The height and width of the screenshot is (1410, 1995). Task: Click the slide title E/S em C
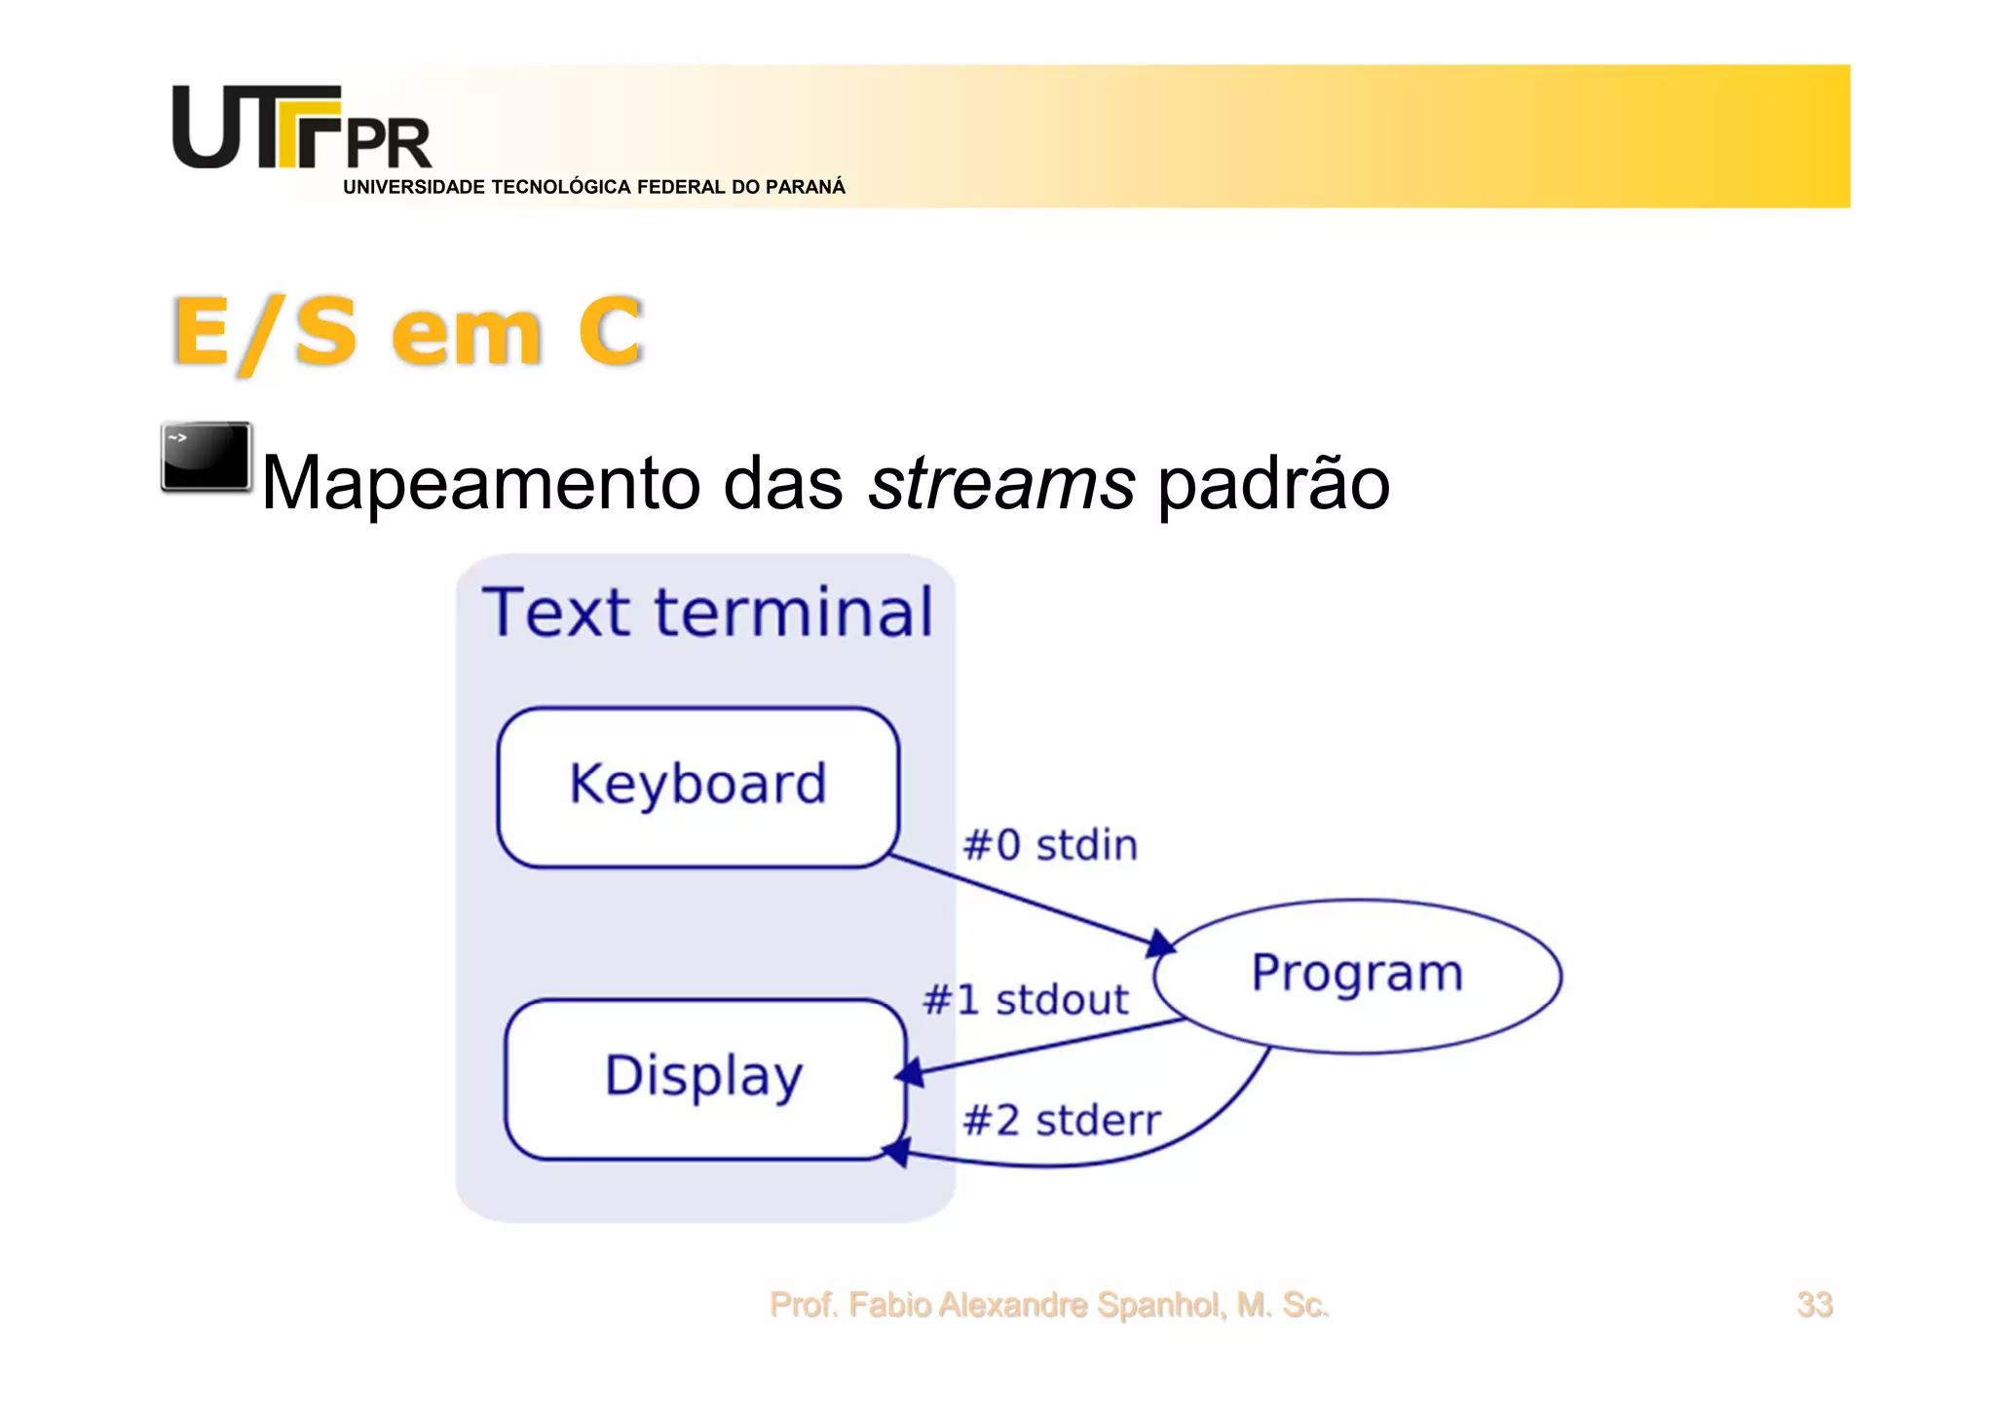pyautogui.click(x=407, y=332)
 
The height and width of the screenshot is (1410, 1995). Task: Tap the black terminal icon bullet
pyautogui.click(x=207, y=457)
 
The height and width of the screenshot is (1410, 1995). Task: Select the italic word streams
pyautogui.click(x=1001, y=483)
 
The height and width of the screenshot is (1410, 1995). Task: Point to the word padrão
pyautogui.click(x=1273, y=483)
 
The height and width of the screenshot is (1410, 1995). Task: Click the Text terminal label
pyautogui.click(x=708, y=612)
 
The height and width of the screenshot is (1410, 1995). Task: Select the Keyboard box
pyautogui.click(x=697, y=787)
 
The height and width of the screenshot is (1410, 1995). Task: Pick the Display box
pyautogui.click(x=705, y=1078)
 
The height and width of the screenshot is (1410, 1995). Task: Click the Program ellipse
pyautogui.click(x=1357, y=975)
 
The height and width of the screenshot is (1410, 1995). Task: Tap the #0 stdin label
pyautogui.click(x=1050, y=845)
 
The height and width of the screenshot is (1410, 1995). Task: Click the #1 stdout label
pyautogui.click(x=1026, y=1000)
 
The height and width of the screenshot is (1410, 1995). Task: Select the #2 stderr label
pyautogui.click(x=1062, y=1121)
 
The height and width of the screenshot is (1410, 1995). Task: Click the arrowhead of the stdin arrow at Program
pyautogui.click(x=1160, y=943)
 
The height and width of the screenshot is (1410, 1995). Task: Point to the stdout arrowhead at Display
pyautogui.click(x=909, y=1073)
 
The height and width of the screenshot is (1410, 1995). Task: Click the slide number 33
pyautogui.click(x=1814, y=1305)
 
